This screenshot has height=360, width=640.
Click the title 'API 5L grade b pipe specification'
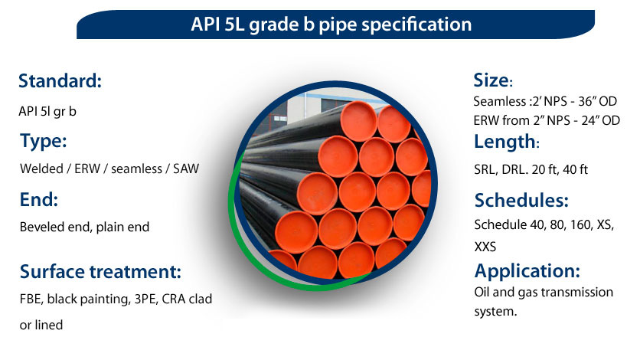(331, 24)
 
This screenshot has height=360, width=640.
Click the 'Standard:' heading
(60, 80)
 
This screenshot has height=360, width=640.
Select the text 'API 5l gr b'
(47, 111)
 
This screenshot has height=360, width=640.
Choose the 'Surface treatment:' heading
(100, 271)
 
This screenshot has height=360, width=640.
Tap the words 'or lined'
(41, 325)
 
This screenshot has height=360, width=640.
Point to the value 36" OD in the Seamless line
(598, 101)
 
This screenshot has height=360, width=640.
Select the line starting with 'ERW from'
(546, 120)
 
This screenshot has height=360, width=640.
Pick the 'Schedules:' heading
(521, 200)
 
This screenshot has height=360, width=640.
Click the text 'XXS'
(485, 247)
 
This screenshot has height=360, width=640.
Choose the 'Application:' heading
(527, 271)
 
